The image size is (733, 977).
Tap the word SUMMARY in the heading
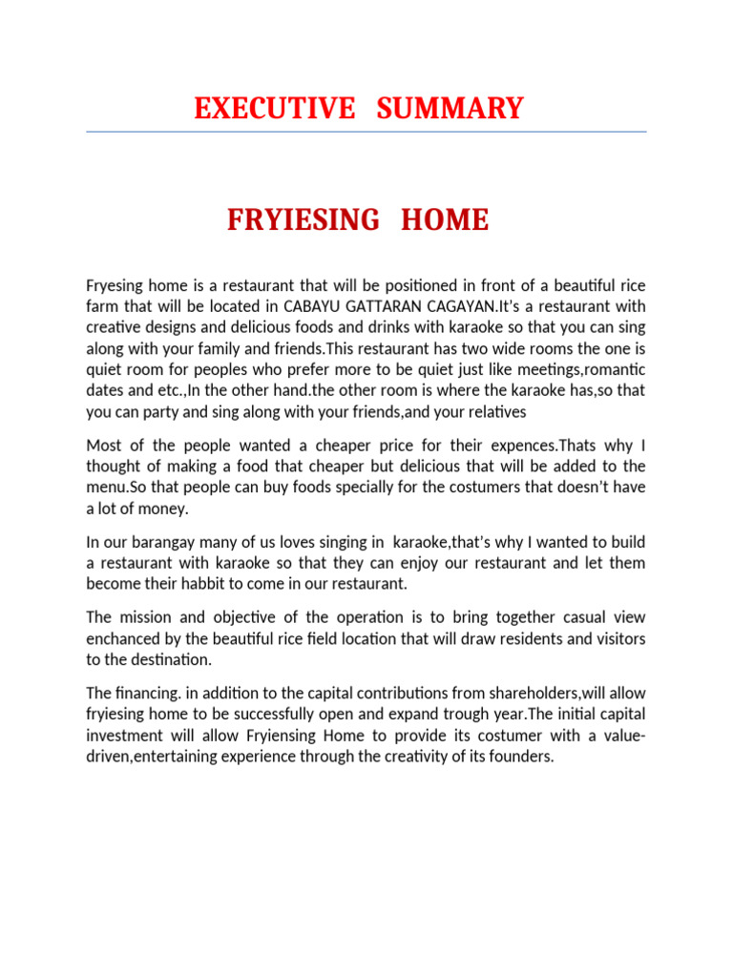[450, 109]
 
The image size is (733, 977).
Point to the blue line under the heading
[366, 132]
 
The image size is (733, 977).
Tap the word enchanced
[125, 637]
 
